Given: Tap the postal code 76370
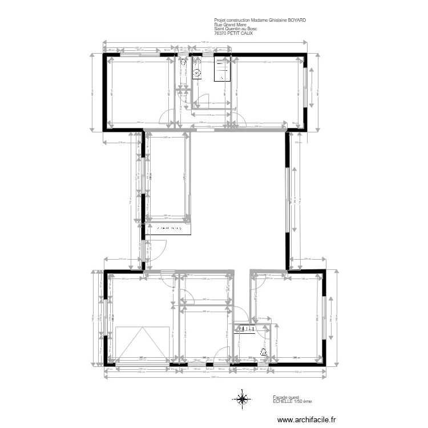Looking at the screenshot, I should tap(219, 34).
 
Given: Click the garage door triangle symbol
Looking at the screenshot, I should tap(142, 344).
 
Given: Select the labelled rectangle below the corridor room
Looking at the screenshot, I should tap(168, 228).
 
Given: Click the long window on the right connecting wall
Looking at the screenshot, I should tap(288, 200).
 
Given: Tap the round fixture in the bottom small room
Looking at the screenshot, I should tap(263, 352).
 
